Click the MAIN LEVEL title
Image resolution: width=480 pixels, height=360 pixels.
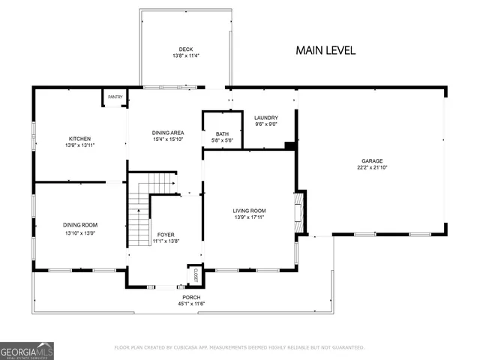(x=325, y=50)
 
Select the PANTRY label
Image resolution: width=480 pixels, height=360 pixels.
(x=115, y=97)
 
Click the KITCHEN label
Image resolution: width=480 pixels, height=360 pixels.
(x=80, y=139)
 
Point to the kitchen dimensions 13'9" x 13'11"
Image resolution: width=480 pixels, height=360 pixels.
(x=80, y=145)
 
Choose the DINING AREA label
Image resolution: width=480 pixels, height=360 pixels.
(x=168, y=133)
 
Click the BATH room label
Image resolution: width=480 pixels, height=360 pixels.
(x=223, y=133)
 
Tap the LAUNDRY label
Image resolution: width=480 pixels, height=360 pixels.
(x=266, y=118)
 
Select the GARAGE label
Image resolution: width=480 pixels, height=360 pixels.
(x=372, y=160)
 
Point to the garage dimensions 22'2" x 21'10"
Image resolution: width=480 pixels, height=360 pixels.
(x=372, y=167)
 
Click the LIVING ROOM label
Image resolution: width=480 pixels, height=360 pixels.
(x=249, y=211)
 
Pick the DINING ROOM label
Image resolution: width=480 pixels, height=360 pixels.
(x=79, y=225)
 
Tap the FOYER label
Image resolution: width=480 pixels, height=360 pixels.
(x=165, y=235)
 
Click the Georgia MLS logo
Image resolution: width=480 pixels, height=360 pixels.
(x=27, y=350)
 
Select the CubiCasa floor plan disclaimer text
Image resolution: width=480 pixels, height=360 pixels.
(x=238, y=348)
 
